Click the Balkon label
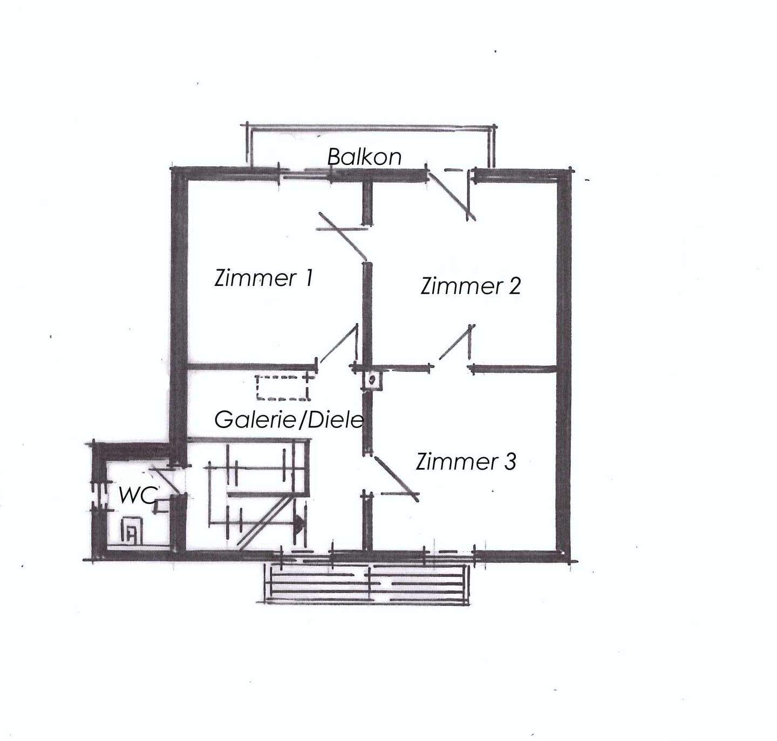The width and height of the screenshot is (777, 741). tap(364, 157)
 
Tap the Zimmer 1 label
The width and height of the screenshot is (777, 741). tap(264, 277)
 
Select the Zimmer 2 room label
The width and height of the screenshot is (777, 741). tap(471, 285)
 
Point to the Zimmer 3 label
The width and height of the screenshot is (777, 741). tap(466, 461)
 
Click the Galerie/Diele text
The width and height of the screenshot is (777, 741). tap(289, 420)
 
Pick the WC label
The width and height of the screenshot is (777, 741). tap(137, 495)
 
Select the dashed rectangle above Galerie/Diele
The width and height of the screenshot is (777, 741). tap(282, 388)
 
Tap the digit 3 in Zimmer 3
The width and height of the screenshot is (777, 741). tap(510, 461)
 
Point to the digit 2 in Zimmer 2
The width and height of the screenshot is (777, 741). tap(515, 285)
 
